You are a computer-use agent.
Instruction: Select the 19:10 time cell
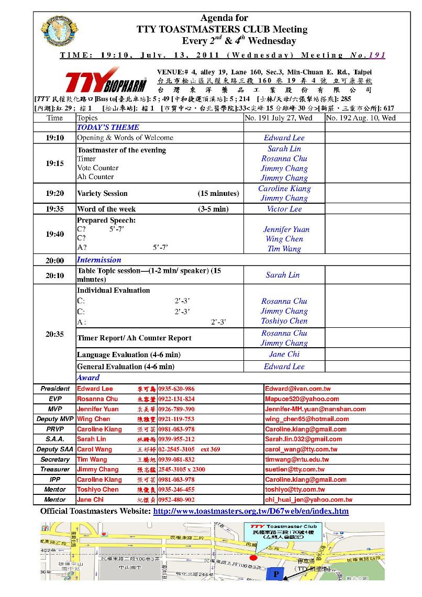(54, 138)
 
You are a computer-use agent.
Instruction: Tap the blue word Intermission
(99, 260)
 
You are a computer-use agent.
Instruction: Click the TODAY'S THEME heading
(108, 127)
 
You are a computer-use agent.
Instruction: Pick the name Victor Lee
(284, 209)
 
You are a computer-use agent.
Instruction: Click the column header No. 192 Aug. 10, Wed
(361, 118)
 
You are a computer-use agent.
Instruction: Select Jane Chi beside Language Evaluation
(284, 354)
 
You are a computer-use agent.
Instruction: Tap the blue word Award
(88, 378)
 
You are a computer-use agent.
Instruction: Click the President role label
(55, 389)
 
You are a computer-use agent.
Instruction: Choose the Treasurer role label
(55, 469)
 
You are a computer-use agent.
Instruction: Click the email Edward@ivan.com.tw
(297, 389)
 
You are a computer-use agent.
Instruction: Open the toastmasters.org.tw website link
(251, 511)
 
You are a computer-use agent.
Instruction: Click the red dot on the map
(254, 557)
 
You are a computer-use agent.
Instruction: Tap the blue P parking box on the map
(276, 574)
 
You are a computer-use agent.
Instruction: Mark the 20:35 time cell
(54, 334)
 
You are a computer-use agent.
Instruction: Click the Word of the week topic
(106, 209)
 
